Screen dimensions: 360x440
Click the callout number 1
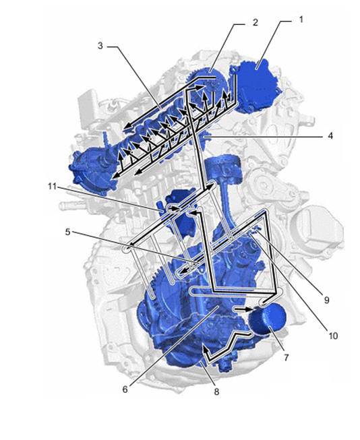coord(301,20)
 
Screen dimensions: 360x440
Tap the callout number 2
coord(255,22)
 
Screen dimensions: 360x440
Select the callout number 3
coord(100,45)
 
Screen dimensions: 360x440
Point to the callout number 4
coord(330,135)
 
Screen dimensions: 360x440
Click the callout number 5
coord(67,232)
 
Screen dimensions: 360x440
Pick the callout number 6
coord(125,389)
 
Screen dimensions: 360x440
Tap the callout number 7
coord(286,358)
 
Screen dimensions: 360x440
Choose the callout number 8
coord(216,391)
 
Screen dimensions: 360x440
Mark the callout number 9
coord(326,300)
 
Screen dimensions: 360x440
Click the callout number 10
coord(333,336)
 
